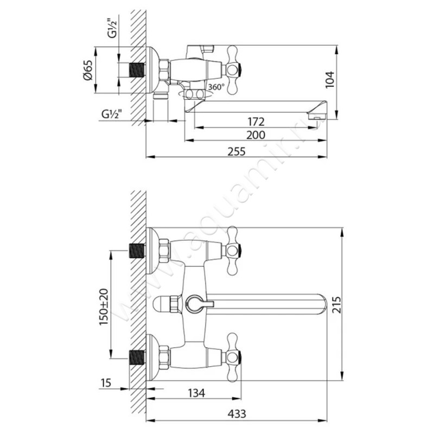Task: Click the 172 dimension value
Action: (256, 122)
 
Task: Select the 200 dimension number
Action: (256, 135)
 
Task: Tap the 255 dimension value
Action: (237, 151)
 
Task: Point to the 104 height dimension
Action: (330, 80)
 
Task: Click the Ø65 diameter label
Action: (88, 71)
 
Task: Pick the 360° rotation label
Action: (216, 87)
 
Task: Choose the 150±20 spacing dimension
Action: (104, 307)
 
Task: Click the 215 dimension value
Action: (336, 304)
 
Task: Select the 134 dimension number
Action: (196, 393)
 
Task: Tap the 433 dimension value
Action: (237, 414)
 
